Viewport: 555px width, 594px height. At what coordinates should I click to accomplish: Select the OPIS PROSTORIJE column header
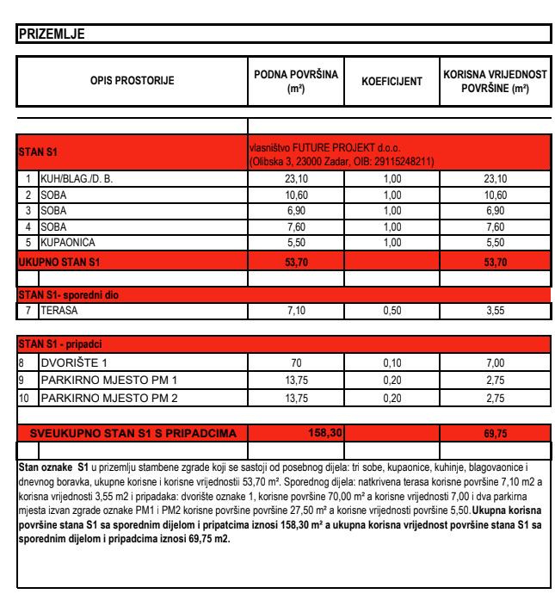point(133,82)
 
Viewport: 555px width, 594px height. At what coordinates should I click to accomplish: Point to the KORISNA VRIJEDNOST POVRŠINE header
point(495,82)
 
